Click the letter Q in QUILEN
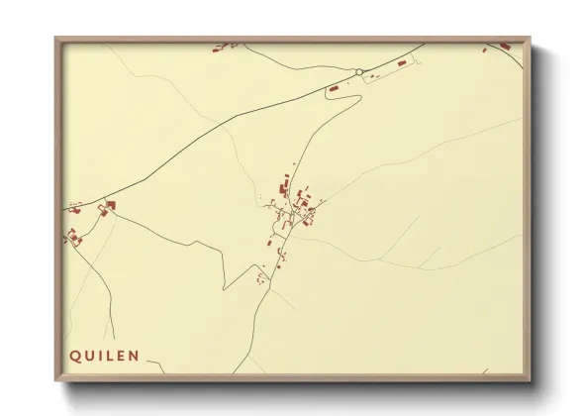click(74, 355)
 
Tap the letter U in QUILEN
click(88, 355)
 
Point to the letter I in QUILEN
click(100, 355)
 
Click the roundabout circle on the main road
click(359, 71)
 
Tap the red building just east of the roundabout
click(402, 62)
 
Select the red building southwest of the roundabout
click(334, 90)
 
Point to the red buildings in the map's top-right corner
click(504, 45)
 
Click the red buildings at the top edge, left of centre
click(224, 45)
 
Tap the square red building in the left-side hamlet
click(111, 205)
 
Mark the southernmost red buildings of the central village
click(261, 279)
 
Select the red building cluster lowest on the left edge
click(72, 237)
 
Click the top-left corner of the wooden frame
click(55, 38)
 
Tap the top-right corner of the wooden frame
click(531, 38)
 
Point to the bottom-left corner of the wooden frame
click(55, 382)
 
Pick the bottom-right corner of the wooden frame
click(531, 382)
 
